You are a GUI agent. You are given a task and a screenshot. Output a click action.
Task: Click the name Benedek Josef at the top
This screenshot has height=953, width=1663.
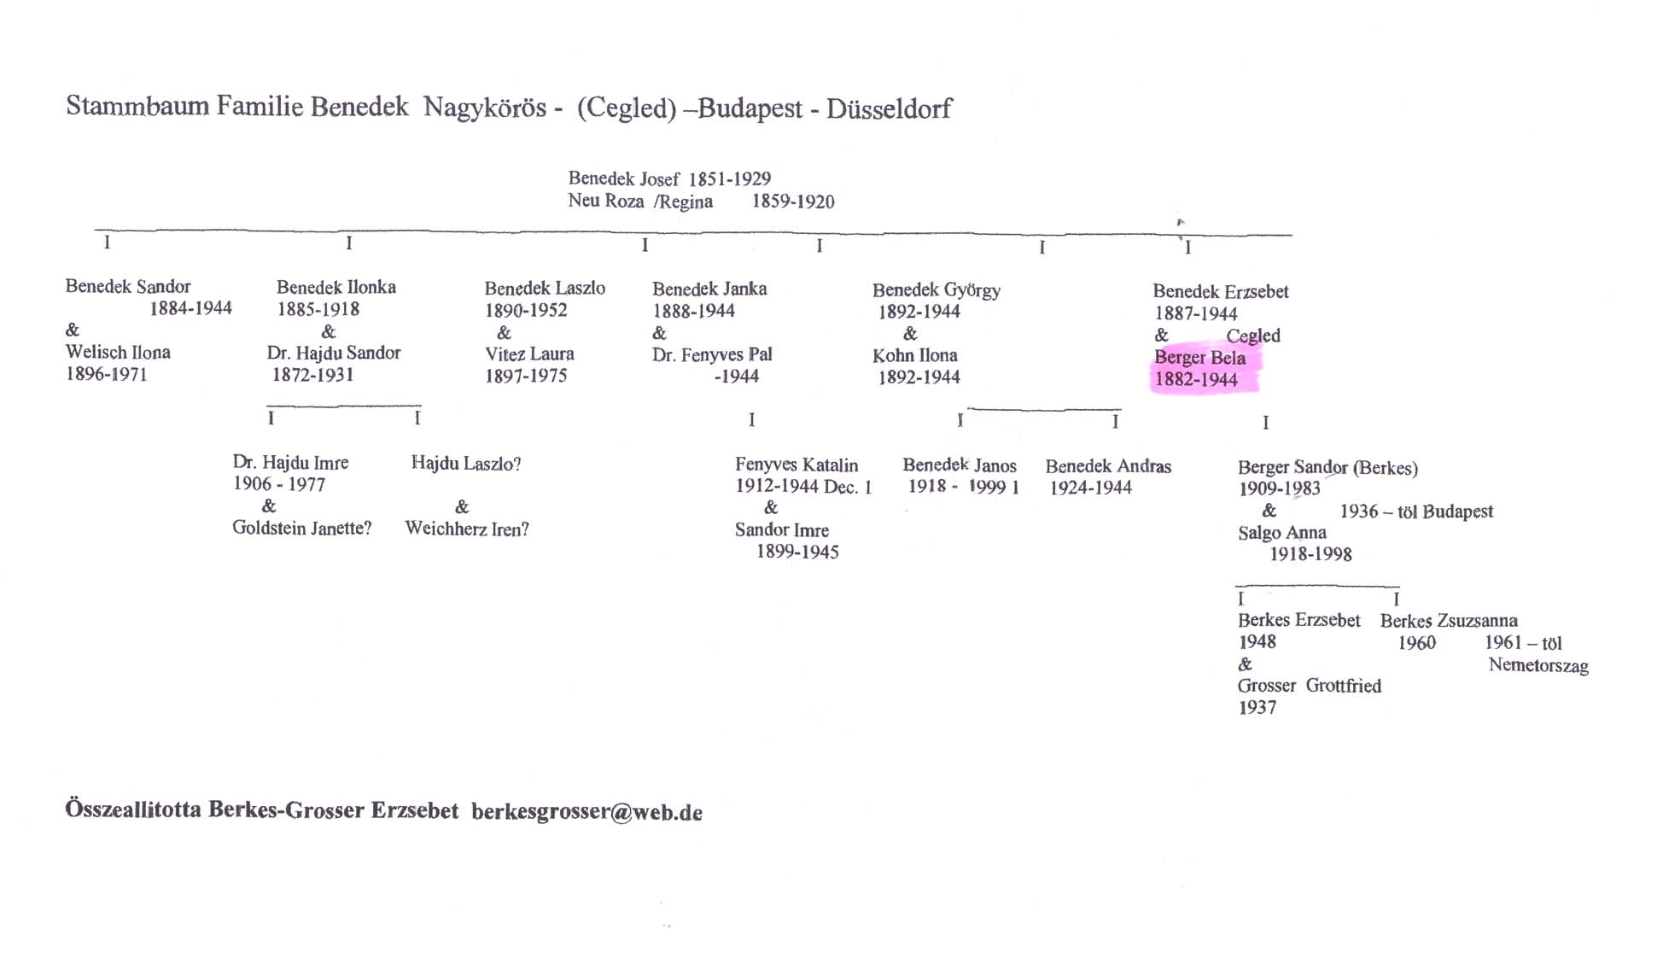(623, 178)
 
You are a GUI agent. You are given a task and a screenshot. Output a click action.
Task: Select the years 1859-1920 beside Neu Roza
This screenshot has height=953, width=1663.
(792, 202)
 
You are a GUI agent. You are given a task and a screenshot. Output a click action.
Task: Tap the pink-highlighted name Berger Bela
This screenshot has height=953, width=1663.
(1199, 358)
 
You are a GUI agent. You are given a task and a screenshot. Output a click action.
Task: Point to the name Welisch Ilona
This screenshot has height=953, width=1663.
(118, 352)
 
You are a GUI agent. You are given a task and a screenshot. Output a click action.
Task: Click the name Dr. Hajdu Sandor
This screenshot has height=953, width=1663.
(333, 353)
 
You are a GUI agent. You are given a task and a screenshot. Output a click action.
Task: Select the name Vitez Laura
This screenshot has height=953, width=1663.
(529, 354)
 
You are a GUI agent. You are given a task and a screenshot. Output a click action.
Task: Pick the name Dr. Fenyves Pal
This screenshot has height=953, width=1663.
(712, 354)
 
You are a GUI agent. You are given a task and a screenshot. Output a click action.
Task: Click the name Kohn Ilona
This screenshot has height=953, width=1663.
(914, 355)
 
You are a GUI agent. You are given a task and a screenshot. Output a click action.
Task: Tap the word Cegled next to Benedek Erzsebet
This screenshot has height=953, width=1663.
(1252, 336)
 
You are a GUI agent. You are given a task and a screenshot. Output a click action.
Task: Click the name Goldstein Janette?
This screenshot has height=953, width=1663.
(301, 528)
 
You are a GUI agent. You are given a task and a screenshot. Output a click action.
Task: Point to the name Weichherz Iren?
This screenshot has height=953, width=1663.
(466, 529)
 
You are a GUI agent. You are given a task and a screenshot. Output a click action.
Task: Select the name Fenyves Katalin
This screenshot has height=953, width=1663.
(796, 465)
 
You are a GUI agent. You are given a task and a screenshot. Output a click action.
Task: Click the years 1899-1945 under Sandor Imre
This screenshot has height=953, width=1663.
(796, 552)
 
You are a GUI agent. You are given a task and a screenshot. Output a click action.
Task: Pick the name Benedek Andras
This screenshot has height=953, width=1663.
(1107, 466)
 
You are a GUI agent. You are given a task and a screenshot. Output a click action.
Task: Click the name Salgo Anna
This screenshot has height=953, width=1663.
(1281, 533)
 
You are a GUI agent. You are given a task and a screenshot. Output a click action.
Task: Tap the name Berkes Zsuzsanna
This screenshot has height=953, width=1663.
(1448, 621)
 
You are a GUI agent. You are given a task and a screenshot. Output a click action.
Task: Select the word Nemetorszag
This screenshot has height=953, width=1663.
(1538, 665)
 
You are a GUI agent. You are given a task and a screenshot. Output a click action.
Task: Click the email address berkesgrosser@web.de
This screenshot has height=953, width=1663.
(586, 812)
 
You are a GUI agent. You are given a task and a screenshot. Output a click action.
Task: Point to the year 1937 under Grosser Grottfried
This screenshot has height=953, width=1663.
(1257, 707)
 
